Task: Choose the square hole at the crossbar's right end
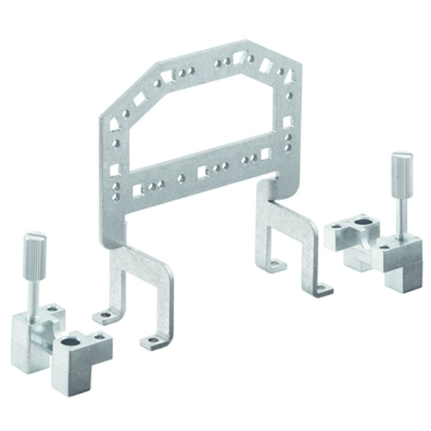tap(266, 153)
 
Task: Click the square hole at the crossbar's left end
tap(137, 190)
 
